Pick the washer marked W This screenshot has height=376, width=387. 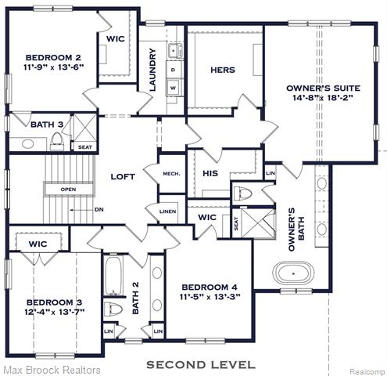pyautogui.click(x=174, y=88)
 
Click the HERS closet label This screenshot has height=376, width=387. pyautogui.click(x=223, y=70)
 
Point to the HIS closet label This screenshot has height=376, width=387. pyautogui.click(x=210, y=172)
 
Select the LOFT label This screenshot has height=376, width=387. pyautogui.click(x=122, y=176)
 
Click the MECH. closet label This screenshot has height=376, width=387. pyautogui.click(x=171, y=174)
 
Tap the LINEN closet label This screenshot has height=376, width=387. pyautogui.click(x=167, y=211)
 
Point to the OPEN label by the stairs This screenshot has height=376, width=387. pyautogui.click(x=68, y=189)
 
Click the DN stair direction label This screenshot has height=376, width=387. pyautogui.click(x=99, y=210)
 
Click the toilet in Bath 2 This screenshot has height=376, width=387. pyautogui.click(x=114, y=309)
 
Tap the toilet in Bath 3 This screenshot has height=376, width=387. pyautogui.click(x=56, y=142)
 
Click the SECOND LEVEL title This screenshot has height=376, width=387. pyautogui.click(x=200, y=364)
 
